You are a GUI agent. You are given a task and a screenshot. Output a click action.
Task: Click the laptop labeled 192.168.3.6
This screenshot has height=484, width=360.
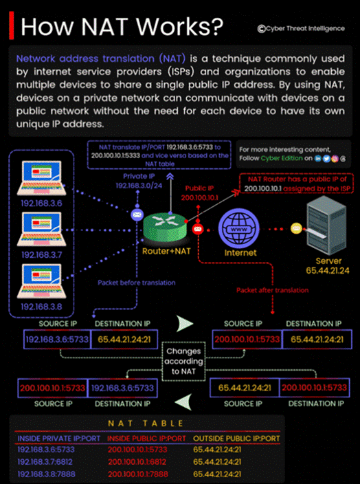(x=42, y=178)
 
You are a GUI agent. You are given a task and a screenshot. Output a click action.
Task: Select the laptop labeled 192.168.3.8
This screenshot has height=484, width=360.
(x=42, y=281)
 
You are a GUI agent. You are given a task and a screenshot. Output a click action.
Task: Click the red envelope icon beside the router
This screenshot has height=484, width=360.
(x=197, y=229)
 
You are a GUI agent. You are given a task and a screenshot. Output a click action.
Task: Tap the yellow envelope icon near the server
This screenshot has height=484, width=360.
(x=296, y=228)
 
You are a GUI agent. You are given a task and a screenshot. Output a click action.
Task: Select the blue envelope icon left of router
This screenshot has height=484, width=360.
(x=136, y=214)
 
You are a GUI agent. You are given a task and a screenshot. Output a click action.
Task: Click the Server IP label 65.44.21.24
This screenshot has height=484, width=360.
(x=328, y=271)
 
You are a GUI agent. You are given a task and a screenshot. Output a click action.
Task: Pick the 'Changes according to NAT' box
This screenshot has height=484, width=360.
(x=183, y=361)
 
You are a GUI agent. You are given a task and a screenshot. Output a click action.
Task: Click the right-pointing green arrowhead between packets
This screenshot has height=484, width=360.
(x=185, y=324)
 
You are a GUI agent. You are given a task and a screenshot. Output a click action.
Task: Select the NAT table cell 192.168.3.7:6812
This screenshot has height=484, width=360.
(x=45, y=462)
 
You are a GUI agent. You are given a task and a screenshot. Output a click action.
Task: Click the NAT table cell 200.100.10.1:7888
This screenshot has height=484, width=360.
(x=137, y=474)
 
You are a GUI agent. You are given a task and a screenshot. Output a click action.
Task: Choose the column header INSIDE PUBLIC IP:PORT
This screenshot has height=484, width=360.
(x=146, y=439)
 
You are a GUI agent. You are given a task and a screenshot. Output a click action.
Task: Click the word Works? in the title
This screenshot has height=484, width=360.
(x=179, y=27)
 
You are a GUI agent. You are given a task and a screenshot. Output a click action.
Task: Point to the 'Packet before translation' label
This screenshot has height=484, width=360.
(x=137, y=283)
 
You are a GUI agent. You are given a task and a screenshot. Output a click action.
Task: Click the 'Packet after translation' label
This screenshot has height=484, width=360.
(x=272, y=290)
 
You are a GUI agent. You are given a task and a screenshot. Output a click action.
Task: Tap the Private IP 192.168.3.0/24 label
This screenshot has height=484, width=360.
(x=139, y=181)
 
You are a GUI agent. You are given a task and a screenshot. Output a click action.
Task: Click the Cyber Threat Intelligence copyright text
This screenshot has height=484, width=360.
(x=301, y=29)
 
